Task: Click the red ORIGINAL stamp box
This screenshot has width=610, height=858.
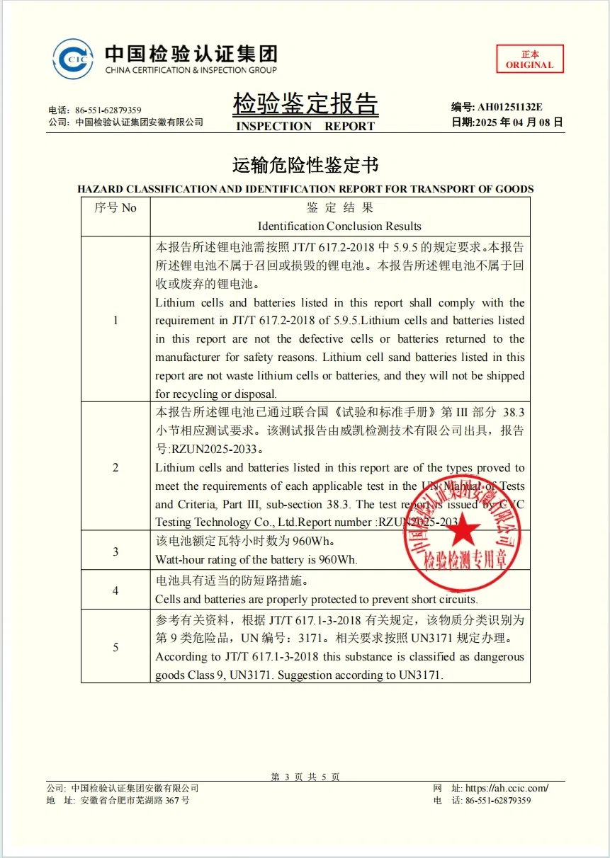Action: click(529, 59)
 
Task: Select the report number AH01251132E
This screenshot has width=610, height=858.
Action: click(509, 107)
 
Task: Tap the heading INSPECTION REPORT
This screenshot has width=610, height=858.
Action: click(305, 126)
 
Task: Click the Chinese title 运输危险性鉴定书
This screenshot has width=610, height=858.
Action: click(305, 166)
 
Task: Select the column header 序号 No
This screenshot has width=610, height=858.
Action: click(115, 208)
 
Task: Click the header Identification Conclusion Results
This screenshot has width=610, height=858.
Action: click(339, 227)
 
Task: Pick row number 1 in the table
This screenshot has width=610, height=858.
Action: click(115, 320)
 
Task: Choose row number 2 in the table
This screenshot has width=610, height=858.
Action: click(115, 467)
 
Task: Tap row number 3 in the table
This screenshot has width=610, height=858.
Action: click(115, 551)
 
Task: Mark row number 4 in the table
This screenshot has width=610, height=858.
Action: click(115, 590)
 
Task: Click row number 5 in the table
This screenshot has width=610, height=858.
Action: click(115, 647)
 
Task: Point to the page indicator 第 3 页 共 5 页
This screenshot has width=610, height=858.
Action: click(305, 777)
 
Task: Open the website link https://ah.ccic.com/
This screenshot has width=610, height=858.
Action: click(507, 788)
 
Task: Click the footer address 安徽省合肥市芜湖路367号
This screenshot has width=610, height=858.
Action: click(135, 801)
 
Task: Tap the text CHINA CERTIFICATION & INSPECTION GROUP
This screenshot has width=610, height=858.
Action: click(191, 70)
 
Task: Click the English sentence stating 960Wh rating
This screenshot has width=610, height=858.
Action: click(256, 559)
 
